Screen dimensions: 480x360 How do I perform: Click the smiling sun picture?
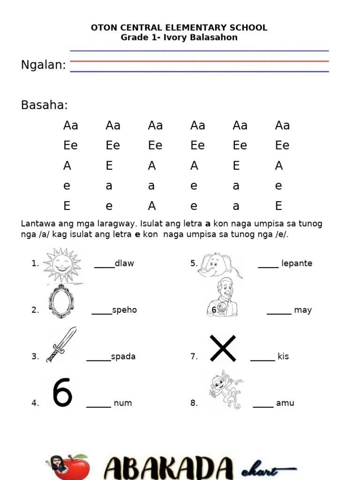tap(62, 265)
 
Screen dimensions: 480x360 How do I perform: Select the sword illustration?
tap(61, 345)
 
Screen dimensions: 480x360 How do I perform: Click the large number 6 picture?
tap(62, 392)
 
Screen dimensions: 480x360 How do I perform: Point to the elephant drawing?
tap(218, 265)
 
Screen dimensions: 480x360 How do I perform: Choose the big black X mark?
tap(223, 348)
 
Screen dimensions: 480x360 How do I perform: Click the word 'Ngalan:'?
tap(44, 65)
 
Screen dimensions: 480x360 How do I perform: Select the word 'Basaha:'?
tap(45, 105)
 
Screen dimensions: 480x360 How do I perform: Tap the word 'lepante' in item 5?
tap(297, 263)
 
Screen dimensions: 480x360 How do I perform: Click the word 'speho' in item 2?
tap(125, 310)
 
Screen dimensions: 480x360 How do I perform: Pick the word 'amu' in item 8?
tap(285, 403)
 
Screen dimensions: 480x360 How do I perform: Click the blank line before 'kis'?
tap(262, 360)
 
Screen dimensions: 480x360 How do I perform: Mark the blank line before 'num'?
tap(98, 406)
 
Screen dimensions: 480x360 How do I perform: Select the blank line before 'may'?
tap(279, 314)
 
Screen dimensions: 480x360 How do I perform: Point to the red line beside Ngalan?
tap(199, 61)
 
